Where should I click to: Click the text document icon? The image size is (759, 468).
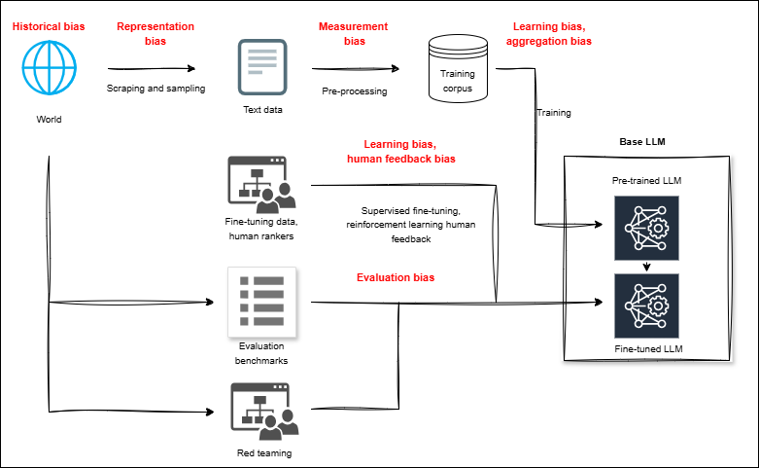262,66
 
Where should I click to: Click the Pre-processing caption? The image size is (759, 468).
355,91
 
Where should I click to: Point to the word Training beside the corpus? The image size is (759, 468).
553,113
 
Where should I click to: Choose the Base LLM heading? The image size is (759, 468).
643,142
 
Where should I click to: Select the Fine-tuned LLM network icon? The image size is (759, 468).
642,306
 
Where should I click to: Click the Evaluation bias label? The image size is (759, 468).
396,278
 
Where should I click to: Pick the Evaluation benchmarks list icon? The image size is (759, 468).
262,303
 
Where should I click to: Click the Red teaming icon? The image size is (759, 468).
262,410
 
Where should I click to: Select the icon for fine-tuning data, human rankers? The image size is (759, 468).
262,184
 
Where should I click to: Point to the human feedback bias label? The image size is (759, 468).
401,160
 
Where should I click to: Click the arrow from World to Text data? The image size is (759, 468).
151,68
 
